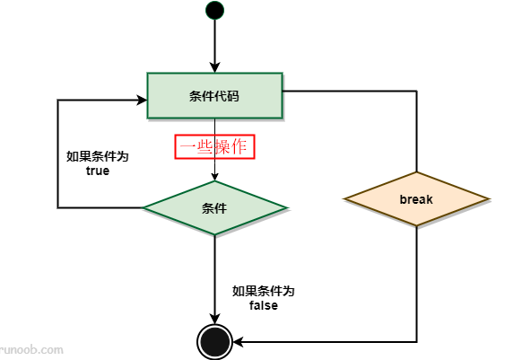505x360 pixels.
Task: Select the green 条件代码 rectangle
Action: pos(214,95)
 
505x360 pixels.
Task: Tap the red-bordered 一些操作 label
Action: pos(215,146)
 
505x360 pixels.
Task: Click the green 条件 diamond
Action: pos(215,207)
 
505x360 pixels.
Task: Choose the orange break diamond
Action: pos(416,198)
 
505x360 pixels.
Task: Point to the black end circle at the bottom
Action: pos(215,341)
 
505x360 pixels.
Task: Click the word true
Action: pos(98,171)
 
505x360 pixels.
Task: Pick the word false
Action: pos(263,306)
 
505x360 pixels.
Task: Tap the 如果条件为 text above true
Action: pos(98,156)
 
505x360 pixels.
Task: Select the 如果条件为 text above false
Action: pos(263,292)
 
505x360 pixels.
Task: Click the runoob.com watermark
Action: pos(31,351)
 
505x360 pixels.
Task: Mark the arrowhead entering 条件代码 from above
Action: pos(215,67)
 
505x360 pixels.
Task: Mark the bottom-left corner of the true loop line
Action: pos(58,207)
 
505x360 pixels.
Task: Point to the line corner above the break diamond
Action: pos(417,91)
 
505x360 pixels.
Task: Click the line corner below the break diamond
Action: pos(417,341)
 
